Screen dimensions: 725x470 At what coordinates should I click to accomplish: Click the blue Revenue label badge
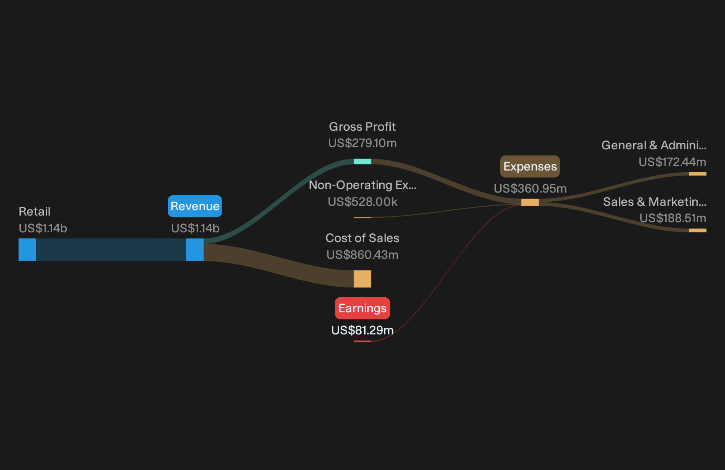tap(195, 206)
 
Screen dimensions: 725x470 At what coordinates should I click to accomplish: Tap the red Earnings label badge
tap(362, 308)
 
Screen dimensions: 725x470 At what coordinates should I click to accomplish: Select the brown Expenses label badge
tap(530, 166)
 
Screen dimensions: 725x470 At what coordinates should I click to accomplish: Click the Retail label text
tap(34, 212)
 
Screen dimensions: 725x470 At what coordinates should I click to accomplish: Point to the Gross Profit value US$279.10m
tap(362, 143)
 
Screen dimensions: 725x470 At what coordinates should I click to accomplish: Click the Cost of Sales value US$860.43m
tap(362, 255)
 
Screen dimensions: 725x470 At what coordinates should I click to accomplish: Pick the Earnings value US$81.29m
tap(362, 330)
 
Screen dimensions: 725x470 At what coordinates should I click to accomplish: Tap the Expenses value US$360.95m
tap(530, 189)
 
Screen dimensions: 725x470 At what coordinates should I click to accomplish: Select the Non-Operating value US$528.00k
tap(362, 202)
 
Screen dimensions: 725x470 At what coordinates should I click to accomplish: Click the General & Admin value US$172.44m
tap(672, 162)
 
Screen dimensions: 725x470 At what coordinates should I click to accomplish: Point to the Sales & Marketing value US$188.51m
tap(672, 218)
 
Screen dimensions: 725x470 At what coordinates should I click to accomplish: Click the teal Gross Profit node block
tap(362, 162)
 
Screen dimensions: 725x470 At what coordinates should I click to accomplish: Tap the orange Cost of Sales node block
tap(362, 279)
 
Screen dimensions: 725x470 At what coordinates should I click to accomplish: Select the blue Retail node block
tap(27, 250)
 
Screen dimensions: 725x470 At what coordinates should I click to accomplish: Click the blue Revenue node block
tap(195, 250)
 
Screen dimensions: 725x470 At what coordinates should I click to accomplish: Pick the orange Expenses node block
tap(530, 202)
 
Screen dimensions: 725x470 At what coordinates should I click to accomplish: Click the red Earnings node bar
tap(362, 341)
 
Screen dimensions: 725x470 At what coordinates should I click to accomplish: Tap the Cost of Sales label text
tap(362, 238)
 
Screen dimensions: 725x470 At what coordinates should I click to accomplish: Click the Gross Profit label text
tap(362, 127)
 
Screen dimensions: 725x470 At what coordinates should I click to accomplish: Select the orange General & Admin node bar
tap(698, 174)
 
